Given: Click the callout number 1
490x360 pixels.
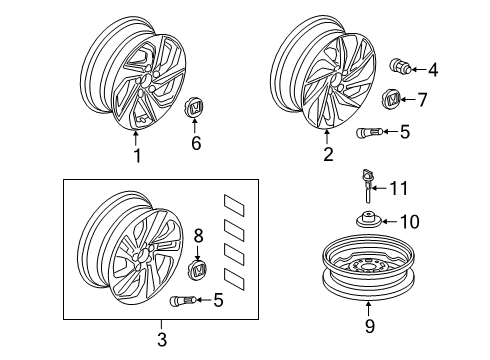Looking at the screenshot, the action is tap(137, 156).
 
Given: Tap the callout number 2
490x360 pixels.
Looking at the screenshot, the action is tap(328, 154).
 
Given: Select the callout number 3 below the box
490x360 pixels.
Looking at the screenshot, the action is tap(162, 339).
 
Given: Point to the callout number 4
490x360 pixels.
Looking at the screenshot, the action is tap(433, 70).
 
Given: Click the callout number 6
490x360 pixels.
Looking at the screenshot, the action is tap(196, 143).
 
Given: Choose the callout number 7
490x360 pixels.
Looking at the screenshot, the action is tap(422, 99).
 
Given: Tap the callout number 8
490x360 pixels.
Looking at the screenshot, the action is tap(198, 236).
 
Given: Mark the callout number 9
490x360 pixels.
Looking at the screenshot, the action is tap(370, 325).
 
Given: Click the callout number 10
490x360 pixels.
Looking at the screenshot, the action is tap(409, 221).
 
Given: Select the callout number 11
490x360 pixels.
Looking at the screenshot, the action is tap(399, 188).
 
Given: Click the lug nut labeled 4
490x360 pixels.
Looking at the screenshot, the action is tap(400, 66).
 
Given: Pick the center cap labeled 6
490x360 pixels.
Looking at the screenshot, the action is tap(196, 107).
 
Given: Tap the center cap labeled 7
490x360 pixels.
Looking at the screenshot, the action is tap(391, 99).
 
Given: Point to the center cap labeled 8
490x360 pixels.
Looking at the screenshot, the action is tap(197, 270).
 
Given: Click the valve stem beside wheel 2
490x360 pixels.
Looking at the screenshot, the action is tap(369, 132).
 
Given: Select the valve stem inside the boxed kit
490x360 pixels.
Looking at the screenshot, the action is tap(183, 301).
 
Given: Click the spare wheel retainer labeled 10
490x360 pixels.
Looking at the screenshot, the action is tap(368, 220).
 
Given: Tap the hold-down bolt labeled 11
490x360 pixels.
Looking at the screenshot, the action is tap(367, 186).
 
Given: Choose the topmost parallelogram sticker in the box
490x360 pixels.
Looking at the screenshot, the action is tap(234, 205).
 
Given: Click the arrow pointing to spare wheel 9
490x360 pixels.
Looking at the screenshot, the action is tap(368, 309).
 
